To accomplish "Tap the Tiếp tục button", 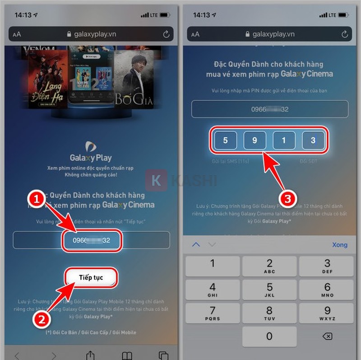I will click(x=91, y=277).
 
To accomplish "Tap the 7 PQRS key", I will click(x=212, y=313).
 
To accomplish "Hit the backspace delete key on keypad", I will click(x=328, y=337).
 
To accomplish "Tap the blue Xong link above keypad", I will click(x=339, y=244).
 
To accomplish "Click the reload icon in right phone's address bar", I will click(x=345, y=34).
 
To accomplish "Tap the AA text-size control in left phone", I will click(x=17, y=34).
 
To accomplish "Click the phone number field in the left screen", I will click(x=92, y=240).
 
